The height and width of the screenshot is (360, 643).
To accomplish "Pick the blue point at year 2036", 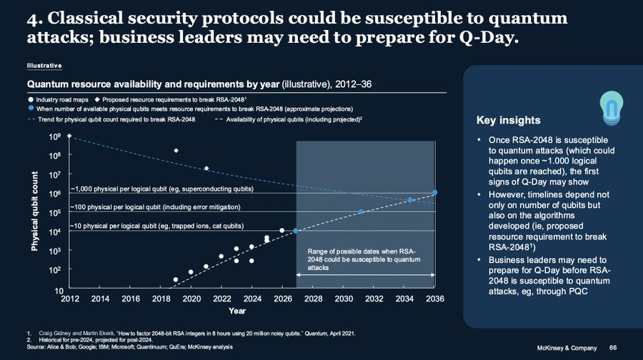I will point(434,193).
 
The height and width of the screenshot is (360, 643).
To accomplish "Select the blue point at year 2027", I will point(296,231).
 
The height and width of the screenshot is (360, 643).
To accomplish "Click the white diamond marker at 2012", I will point(69,136).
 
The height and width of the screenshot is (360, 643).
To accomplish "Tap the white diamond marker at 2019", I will point(176,151).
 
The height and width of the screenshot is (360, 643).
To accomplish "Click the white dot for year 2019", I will point(176,279).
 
